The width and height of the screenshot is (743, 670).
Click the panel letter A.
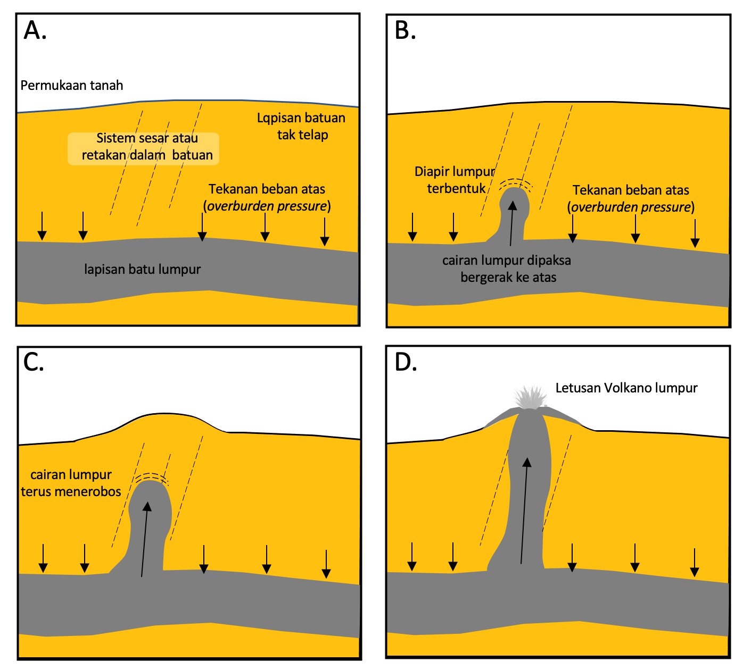pyautogui.click(x=35, y=31)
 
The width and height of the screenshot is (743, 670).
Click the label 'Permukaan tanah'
pyautogui.click(x=72, y=86)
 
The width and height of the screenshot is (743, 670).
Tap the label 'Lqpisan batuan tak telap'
pyautogui.click(x=301, y=127)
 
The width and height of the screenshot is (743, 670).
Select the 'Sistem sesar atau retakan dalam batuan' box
pyautogui.click(x=144, y=147)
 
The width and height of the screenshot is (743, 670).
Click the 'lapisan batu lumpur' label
pyautogui.click(x=143, y=270)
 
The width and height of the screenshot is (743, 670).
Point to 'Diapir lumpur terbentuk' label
pyautogui.click(x=456, y=180)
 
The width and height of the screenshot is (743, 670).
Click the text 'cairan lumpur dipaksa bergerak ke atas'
pyautogui.click(x=507, y=269)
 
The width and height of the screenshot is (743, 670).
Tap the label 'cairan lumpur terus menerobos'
pyautogui.click(x=71, y=483)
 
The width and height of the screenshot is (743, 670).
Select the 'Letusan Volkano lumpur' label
pyautogui.click(x=626, y=388)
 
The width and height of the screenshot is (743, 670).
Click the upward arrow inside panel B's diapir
pyautogui.click(x=512, y=223)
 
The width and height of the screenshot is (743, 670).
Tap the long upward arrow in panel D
pyautogui.click(x=525, y=510)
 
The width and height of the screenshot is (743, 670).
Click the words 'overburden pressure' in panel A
pyautogui.click(x=267, y=206)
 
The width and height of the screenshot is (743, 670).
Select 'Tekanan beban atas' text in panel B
pyautogui.click(x=631, y=190)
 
